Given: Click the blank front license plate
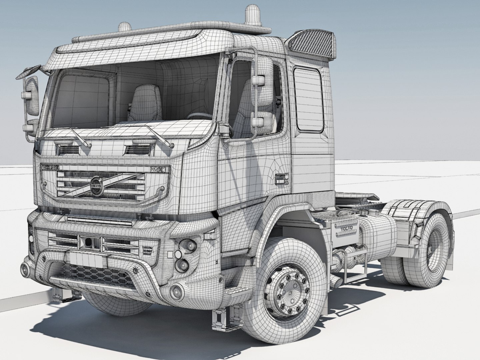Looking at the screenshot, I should (84, 258).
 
